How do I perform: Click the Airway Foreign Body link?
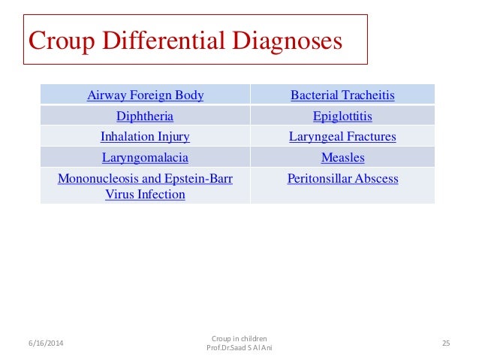pos(145,95)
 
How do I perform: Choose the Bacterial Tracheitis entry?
pos(342,95)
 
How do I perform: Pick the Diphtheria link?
pos(145,116)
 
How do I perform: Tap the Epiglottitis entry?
pos(342,116)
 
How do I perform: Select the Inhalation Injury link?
pos(145,137)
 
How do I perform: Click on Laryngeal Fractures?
pos(342,137)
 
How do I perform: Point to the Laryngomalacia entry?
pos(145,158)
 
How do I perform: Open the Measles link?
pos(342,158)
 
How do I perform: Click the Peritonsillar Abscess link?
pos(342,179)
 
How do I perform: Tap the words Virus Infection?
pos(145,194)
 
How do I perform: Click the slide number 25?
pos(445,343)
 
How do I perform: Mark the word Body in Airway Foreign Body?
pos(189,95)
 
